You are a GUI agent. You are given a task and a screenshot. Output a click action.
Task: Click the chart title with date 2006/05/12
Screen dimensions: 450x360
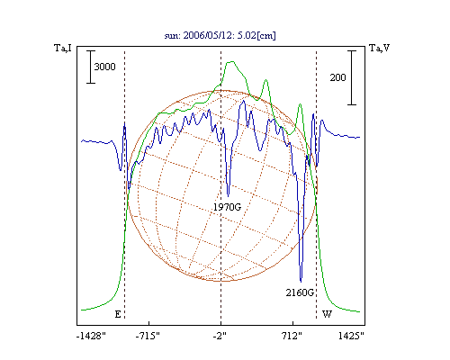click(x=220, y=35)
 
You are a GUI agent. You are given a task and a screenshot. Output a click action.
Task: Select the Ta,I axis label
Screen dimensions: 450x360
click(x=63, y=48)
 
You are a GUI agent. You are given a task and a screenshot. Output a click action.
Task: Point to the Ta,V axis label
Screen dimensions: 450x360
click(x=380, y=48)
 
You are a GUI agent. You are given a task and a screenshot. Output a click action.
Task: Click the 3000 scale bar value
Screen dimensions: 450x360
click(x=104, y=67)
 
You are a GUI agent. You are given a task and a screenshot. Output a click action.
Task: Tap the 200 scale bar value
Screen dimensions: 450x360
click(x=337, y=77)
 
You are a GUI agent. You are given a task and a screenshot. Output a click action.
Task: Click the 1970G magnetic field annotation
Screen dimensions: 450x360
click(x=228, y=207)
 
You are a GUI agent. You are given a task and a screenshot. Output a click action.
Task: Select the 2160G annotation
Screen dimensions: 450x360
click(x=300, y=292)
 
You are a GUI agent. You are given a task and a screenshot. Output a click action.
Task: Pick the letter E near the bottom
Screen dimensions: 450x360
click(x=118, y=314)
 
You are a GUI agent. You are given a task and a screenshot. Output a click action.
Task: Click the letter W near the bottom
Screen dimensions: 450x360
click(x=327, y=314)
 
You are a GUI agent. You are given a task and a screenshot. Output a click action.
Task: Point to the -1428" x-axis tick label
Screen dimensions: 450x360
click(x=91, y=336)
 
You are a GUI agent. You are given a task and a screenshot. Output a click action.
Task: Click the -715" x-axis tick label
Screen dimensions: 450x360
click(x=148, y=336)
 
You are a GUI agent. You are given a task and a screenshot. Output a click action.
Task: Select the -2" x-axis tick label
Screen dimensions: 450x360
click(x=220, y=336)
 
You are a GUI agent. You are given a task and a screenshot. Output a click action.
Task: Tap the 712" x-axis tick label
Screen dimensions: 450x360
click(x=292, y=336)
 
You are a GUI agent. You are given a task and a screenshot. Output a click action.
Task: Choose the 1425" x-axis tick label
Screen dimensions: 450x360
click(x=351, y=336)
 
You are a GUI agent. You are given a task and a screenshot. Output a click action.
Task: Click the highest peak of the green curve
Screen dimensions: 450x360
click(x=231, y=62)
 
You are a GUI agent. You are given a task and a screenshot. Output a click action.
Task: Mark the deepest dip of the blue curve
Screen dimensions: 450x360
click(x=301, y=282)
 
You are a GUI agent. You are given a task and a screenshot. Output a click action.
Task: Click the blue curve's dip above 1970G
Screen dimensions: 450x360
click(x=229, y=196)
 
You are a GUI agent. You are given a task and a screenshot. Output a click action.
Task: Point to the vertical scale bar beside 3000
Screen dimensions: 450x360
click(x=91, y=67)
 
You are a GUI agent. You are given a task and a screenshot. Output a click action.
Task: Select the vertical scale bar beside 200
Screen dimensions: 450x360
click(x=352, y=77)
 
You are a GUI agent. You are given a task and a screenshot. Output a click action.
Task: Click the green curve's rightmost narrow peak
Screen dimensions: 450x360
click(x=300, y=104)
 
